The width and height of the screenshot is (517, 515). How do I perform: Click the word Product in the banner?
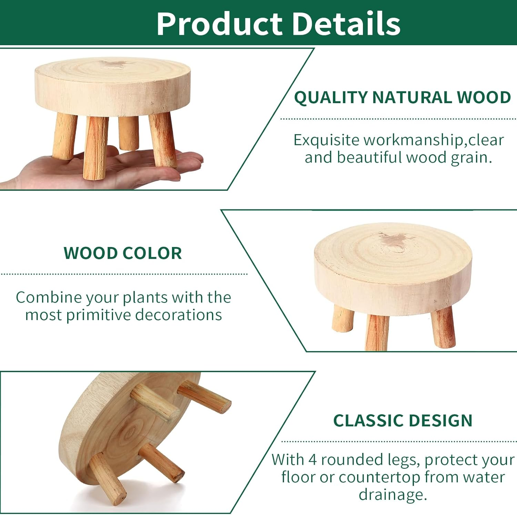click(x=219, y=23)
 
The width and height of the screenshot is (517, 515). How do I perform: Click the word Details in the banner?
click(x=346, y=23)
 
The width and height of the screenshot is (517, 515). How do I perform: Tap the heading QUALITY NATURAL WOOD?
click(x=402, y=97)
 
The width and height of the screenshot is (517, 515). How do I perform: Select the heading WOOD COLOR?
click(x=123, y=253)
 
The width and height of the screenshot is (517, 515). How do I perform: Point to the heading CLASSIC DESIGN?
click(x=403, y=420)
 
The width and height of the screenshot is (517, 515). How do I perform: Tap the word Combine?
click(x=49, y=297)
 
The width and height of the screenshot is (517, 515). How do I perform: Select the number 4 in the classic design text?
click(x=312, y=459)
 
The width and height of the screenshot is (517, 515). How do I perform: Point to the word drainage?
click(x=392, y=495)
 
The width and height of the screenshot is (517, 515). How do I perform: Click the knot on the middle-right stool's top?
click(x=393, y=240)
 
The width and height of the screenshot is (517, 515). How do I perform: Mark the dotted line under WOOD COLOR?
click(x=124, y=274)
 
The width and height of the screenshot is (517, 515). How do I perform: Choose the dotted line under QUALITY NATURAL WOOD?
click(x=398, y=119)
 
